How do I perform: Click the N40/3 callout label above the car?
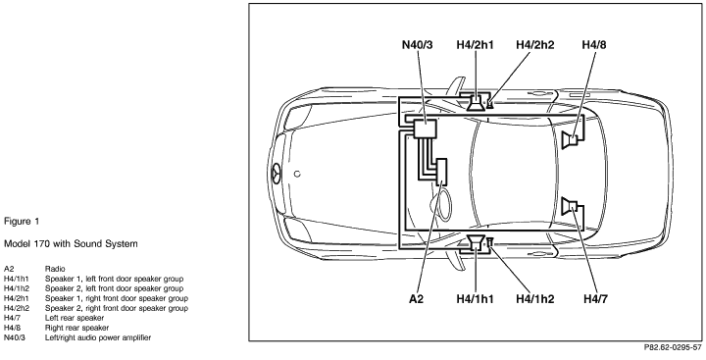point(417,44)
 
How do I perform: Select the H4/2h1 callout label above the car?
point(475,44)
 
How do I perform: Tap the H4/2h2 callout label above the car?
point(535,44)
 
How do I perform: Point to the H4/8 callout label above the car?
point(594,44)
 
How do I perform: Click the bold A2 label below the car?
point(417,299)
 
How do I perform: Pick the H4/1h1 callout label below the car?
point(475,299)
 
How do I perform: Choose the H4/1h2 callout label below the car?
point(535,299)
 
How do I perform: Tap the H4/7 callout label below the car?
point(595,299)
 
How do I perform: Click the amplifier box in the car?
point(425,129)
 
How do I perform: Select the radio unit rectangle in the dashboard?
point(441,172)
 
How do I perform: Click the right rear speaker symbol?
point(570,140)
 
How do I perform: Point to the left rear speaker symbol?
point(570,206)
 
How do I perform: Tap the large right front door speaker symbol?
point(476,102)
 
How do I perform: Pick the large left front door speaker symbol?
point(476,243)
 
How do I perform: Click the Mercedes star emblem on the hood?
point(276,174)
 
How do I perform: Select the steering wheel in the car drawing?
point(443,205)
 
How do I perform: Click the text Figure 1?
point(22,222)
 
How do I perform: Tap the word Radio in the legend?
point(55,269)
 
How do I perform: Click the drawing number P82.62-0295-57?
point(673,347)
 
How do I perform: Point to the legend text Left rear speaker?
point(75,318)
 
